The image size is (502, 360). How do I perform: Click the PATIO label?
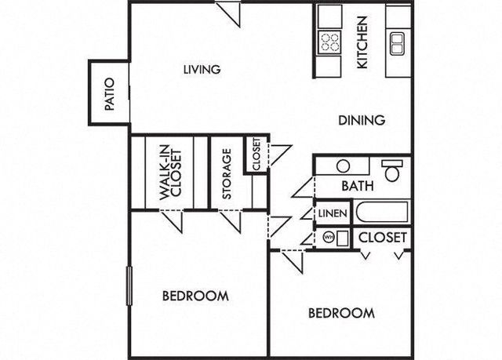point(110,94)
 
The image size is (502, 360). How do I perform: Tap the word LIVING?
point(202,70)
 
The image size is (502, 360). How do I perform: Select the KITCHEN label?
point(362,42)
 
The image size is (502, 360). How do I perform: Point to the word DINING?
point(362,120)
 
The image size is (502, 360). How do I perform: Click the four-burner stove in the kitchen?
point(329,42)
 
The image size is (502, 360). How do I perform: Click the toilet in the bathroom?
point(391,170)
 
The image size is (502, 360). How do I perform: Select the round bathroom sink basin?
point(343,166)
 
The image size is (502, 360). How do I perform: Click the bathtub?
point(382,212)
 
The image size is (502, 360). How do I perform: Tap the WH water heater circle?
point(329,238)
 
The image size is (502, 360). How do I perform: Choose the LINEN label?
point(333,213)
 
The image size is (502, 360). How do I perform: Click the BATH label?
point(358,186)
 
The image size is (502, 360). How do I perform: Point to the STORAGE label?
point(227,173)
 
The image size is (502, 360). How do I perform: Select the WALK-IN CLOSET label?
point(170,175)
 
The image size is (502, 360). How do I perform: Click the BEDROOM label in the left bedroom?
point(195,296)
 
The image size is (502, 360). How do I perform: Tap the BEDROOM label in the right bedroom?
point(342,313)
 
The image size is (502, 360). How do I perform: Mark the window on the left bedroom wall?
point(129,286)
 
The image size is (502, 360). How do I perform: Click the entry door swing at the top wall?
point(227,14)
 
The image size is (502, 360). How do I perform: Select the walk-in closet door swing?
point(171,221)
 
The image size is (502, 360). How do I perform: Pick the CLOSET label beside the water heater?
point(383,238)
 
